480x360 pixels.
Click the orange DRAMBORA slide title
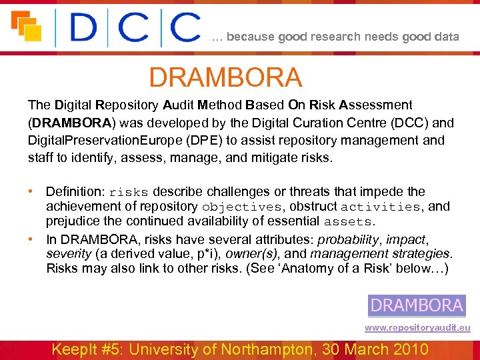tap(225, 78)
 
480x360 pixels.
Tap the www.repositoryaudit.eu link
tap(417, 327)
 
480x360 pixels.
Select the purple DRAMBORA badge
tap(417, 305)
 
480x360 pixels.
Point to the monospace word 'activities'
tap(380, 207)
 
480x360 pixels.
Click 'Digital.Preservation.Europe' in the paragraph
tap(93, 141)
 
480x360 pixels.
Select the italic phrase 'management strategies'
tap(381, 253)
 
